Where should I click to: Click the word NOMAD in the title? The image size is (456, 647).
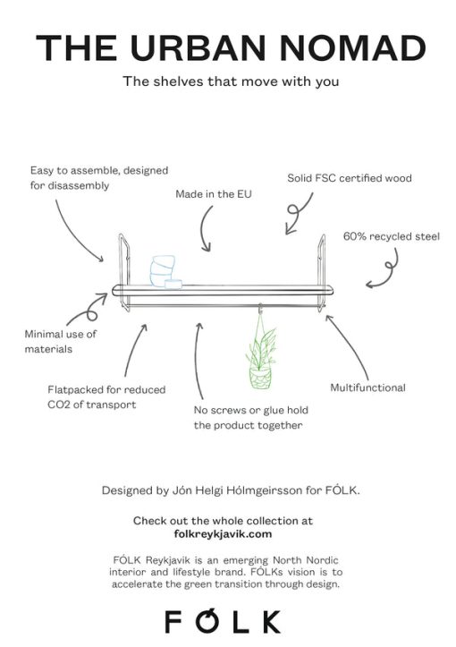pyautogui.click(x=353, y=47)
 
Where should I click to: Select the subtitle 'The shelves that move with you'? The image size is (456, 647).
pyautogui.click(x=231, y=81)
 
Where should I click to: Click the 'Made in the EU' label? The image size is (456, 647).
pyautogui.click(x=214, y=194)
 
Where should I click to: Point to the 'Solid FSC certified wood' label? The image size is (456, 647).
pyautogui.click(x=350, y=178)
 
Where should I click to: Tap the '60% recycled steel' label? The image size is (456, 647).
pyautogui.click(x=392, y=236)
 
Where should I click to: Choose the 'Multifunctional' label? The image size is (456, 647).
pyautogui.click(x=367, y=387)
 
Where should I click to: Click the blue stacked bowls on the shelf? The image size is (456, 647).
pyautogui.click(x=165, y=271)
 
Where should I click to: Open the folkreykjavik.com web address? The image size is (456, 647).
pyautogui.click(x=223, y=534)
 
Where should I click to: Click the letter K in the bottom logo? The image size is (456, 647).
pyautogui.click(x=270, y=622)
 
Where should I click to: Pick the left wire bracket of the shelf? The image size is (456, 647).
pyautogui.click(x=124, y=272)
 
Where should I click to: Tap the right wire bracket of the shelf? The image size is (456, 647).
pyautogui.click(x=322, y=272)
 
